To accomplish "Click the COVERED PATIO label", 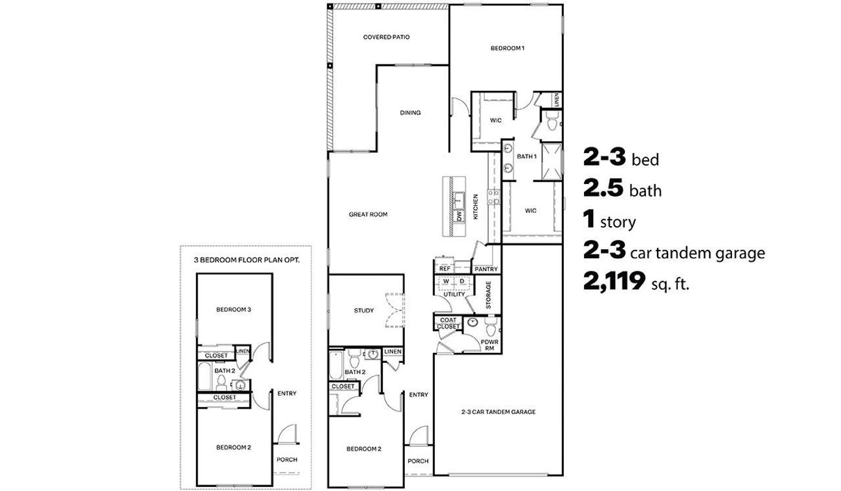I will [x=386, y=37].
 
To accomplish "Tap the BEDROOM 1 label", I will [x=507, y=48].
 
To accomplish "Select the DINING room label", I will [x=410, y=113].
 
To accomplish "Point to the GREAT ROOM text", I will [x=368, y=214].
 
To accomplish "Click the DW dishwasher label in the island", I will [x=459, y=216].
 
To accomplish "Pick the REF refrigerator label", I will [x=445, y=269].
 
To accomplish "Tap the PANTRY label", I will [x=486, y=269].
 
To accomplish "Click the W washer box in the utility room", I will [x=446, y=281].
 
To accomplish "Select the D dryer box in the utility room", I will [x=462, y=281].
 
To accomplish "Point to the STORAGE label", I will [x=488, y=295].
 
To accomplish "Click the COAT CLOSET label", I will [x=447, y=323].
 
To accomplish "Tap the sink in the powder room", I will [x=472, y=323].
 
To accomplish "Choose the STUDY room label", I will [x=363, y=310].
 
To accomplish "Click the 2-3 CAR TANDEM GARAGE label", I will [x=498, y=412].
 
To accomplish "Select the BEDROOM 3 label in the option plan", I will [x=234, y=309].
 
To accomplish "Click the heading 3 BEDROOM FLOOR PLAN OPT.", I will [x=246, y=260].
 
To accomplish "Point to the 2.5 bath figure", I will [x=603, y=189].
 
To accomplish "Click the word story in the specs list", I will [x=618, y=222].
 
